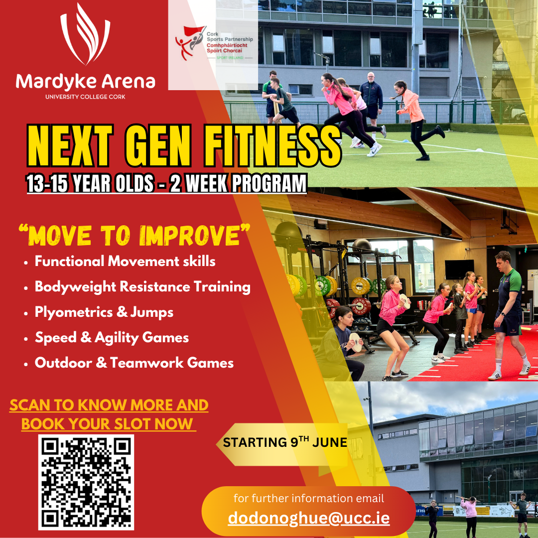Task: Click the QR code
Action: pyautogui.click(x=86, y=482)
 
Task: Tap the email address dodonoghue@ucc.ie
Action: pyautogui.click(x=309, y=518)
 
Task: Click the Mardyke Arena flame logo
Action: pyautogui.click(x=85, y=35)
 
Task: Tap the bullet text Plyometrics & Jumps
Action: pyautogui.click(x=104, y=312)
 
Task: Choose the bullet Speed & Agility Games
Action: pyautogui.click(x=112, y=338)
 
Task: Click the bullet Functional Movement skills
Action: pyautogui.click(x=125, y=261)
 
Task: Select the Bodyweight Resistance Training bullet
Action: pyautogui.click(x=142, y=287)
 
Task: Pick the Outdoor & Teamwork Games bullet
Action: pyautogui.click(x=134, y=363)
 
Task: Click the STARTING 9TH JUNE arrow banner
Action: pyautogui.click(x=281, y=442)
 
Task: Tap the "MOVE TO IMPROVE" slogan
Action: pyautogui.click(x=134, y=235)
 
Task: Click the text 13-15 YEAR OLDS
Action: pyautogui.click(x=90, y=184)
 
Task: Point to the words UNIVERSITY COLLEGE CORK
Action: pyautogui.click(x=85, y=97)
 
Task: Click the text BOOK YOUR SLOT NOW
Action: pyautogui.click(x=107, y=424)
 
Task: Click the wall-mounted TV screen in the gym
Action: pyautogui.click(x=459, y=269)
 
